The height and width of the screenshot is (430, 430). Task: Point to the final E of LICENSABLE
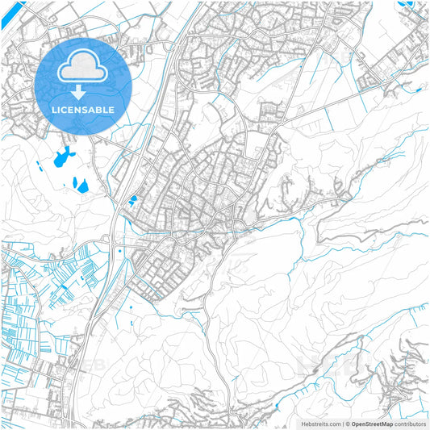111,109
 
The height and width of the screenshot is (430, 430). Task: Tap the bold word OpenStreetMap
372,423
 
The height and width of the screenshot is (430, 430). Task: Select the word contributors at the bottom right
410,423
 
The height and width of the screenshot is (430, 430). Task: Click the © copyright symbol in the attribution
347,423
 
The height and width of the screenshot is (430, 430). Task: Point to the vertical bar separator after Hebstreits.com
341,423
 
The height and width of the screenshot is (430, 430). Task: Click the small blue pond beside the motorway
132,199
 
